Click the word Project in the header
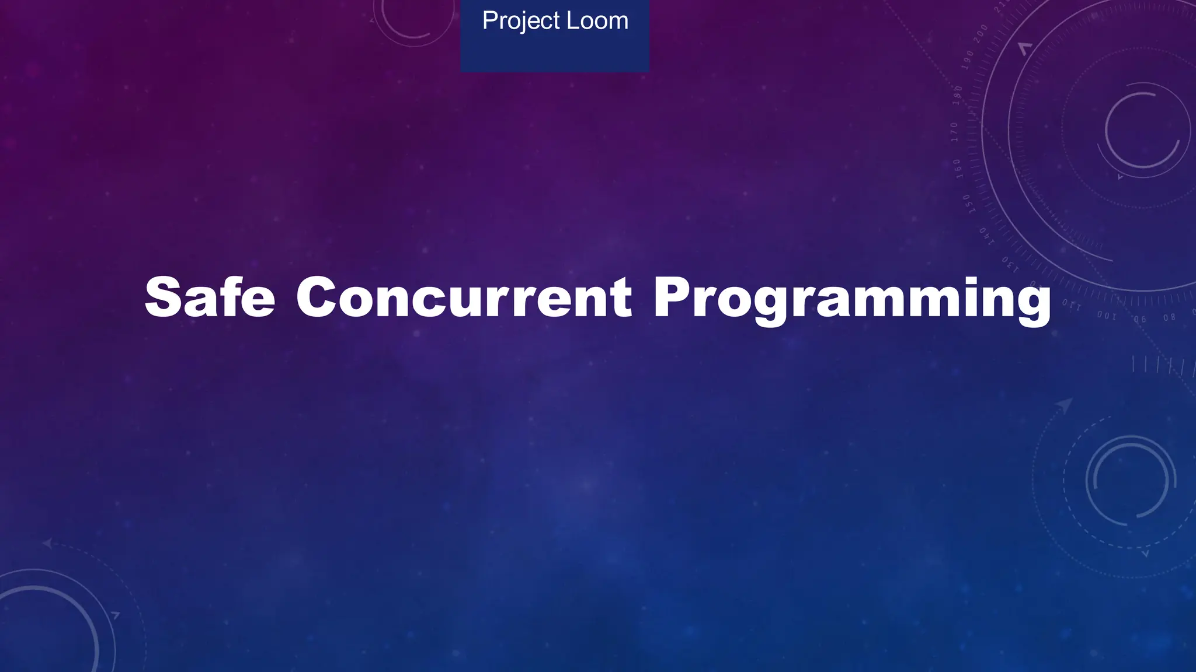520,22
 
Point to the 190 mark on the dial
968,60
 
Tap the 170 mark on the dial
955,132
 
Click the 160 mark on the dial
958,169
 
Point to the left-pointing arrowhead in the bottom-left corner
47,544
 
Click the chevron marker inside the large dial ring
1025,49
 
